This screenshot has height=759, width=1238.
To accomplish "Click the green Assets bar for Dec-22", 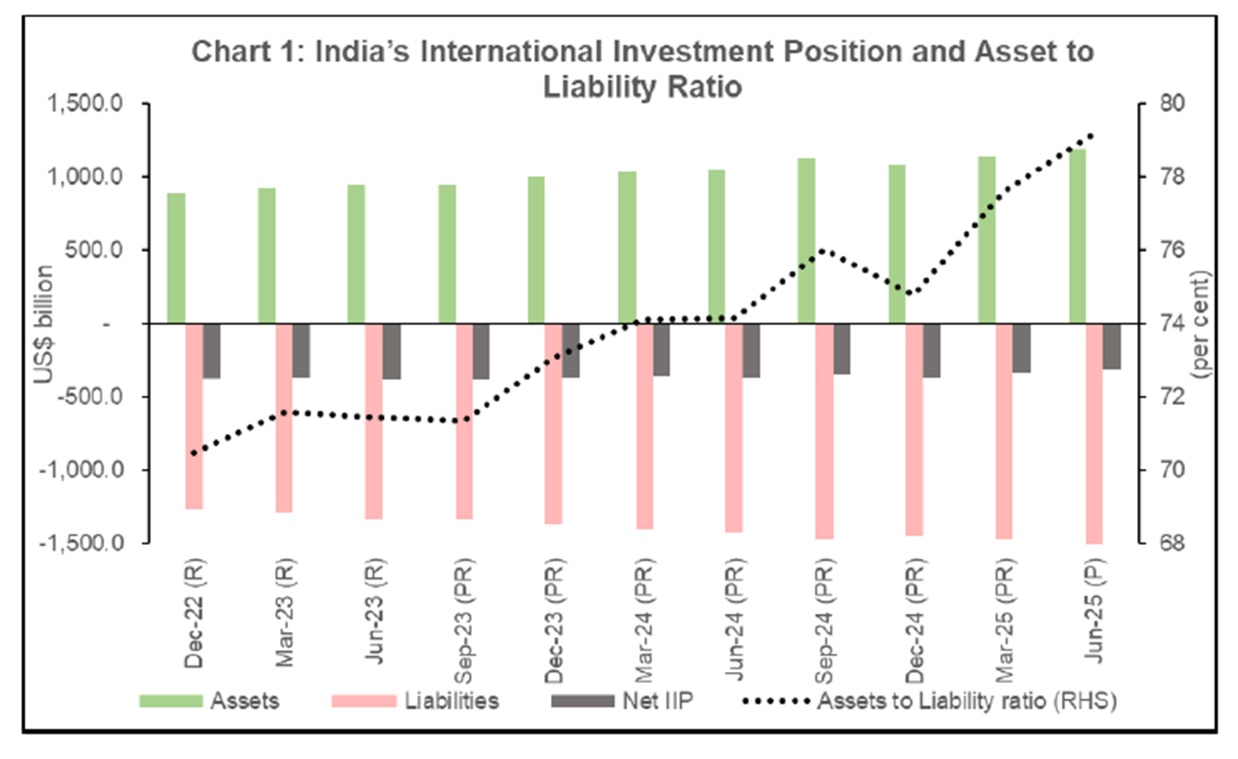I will (176, 258).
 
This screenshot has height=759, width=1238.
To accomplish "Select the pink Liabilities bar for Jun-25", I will (1095, 433).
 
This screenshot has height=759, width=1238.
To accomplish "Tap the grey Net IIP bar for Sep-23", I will (481, 351).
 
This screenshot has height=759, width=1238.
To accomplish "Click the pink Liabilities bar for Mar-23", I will (284, 418).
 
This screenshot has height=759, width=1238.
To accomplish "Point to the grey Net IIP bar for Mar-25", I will (1021, 348).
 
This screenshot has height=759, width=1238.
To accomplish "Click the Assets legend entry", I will (210, 700).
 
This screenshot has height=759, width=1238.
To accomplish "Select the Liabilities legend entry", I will (416, 700).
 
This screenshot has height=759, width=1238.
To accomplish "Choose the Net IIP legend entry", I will (622, 700).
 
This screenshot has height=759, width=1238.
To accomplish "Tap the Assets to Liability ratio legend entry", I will (930, 700).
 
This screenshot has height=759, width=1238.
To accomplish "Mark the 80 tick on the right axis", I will (1171, 104).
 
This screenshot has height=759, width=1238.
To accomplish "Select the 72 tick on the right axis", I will (1171, 397).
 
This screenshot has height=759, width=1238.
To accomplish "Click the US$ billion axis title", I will (43, 324).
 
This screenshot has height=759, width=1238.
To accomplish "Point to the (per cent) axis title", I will (1200, 324).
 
